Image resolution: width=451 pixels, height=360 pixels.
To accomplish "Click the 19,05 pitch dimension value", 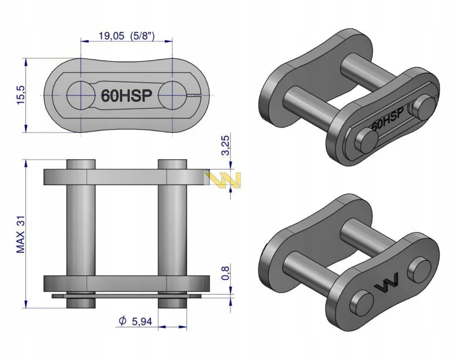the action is [x=112, y=36].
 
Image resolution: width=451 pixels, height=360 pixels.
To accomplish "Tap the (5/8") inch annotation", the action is [x=143, y=36].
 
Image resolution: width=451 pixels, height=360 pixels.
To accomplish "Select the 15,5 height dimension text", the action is [x=20, y=95].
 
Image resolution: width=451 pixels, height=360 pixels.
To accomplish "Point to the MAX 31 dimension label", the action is [x=20, y=234].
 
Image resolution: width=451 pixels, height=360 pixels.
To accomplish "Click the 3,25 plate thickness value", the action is [x=226, y=145].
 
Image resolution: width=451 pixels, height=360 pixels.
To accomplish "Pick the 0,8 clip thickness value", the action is [x=226, y=273].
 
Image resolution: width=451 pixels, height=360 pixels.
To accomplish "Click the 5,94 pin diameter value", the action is [x=142, y=322].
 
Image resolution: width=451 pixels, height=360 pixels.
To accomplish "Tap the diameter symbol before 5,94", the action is [x=122, y=321].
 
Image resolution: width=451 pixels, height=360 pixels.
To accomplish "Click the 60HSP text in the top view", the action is [x=126, y=96].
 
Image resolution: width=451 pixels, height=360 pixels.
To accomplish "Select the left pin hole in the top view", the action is [x=81, y=95].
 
